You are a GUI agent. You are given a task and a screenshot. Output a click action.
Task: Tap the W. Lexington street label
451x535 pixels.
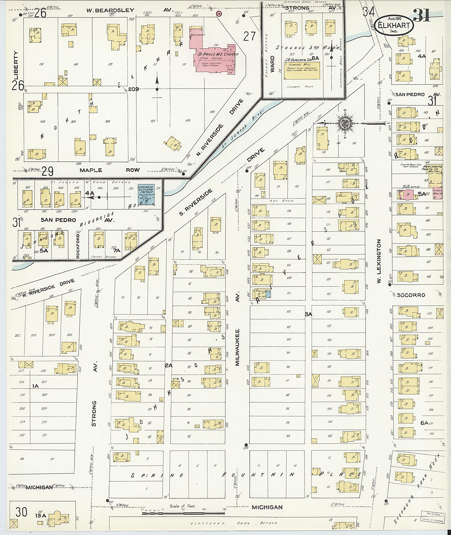pyautogui.click(x=379, y=261)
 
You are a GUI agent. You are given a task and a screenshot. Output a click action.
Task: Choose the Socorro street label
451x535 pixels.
pyautogui.click(x=411, y=295)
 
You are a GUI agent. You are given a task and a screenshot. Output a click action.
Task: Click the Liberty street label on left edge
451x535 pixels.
pyautogui.click(x=16, y=65)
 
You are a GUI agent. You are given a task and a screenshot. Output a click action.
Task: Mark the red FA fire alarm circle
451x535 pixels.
pyautogui.click(x=219, y=13)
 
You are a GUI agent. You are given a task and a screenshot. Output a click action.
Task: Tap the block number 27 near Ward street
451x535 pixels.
pyautogui.click(x=249, y=36)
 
